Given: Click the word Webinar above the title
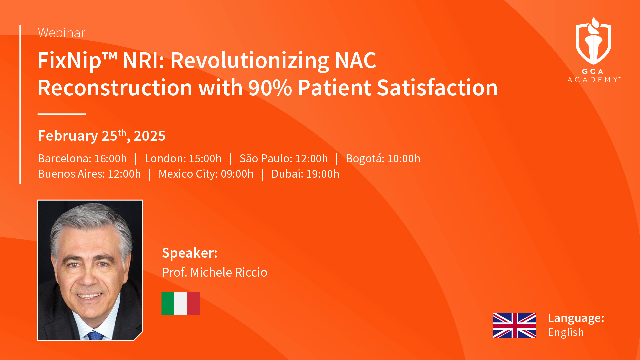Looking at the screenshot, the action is (62, 33).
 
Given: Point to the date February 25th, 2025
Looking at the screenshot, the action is (102, 135).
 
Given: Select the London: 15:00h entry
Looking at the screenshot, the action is (183, 158).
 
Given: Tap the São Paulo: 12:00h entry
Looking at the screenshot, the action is (284, 158).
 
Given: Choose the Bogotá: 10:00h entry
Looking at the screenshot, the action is (383, 159).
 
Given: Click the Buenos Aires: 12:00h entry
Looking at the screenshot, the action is (89, 174).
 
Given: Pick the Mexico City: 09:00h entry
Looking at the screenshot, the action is (206, 174).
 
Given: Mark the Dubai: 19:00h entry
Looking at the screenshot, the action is (305, 174).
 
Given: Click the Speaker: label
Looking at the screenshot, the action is (190, 253).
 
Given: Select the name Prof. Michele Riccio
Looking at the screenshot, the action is (215, 272).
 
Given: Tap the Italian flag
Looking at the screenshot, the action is (181, 304).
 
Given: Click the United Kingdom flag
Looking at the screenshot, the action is (515, 326).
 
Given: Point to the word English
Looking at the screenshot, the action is (566, 332).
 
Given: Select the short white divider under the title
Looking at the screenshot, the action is (62, 114).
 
